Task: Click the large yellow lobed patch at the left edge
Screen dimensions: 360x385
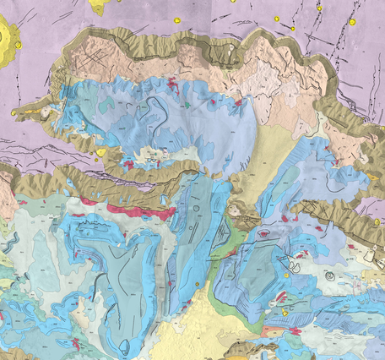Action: [8, 42]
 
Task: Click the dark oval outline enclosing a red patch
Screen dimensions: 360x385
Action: [264, 232]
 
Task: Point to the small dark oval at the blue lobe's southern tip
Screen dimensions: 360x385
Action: [125, 345]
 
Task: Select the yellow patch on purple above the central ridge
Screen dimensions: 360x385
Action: [101, 152]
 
